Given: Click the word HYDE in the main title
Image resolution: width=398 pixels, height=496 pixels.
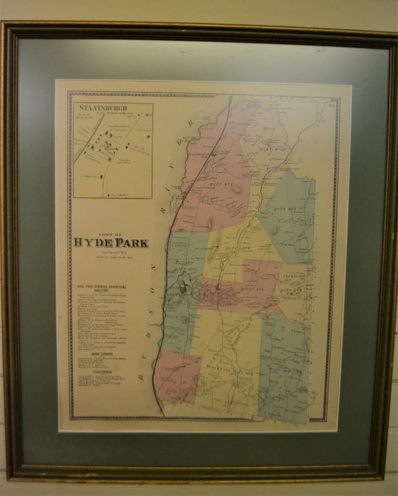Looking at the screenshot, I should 93,243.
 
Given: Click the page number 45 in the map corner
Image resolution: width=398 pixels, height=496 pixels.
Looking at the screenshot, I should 331,98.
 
